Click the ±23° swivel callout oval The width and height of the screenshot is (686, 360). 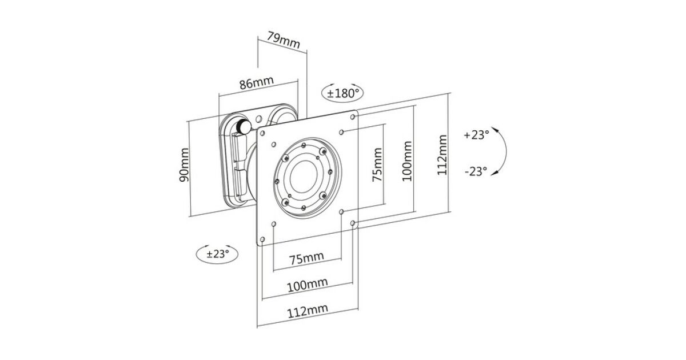(217, 254)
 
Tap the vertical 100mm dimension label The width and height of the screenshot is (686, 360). (407, 162)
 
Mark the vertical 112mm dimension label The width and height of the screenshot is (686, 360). (442, 155)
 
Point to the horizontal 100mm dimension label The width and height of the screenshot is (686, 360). (308, 284)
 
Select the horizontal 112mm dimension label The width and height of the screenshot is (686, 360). (308, 310)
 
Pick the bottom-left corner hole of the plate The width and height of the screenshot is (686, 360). (263, 238)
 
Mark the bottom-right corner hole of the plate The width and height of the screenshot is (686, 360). (353, 222)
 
